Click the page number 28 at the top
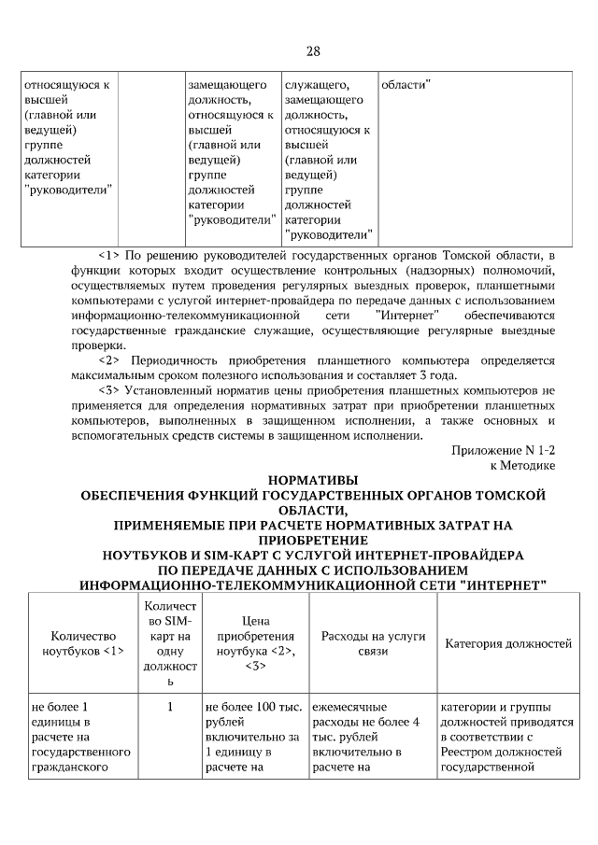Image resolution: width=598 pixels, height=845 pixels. coord(313,50)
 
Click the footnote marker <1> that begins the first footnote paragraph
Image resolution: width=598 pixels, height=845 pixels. coord(109,255)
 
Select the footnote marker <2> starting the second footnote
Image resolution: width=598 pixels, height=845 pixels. coord(109,359)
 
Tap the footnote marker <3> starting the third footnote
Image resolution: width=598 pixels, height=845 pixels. coord(109,389)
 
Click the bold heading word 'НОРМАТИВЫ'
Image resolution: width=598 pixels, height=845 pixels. coord(313,480)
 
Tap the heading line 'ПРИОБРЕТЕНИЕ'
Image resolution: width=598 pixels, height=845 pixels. coord(313,540)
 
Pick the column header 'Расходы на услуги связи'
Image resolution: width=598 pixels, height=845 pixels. coord(373,643)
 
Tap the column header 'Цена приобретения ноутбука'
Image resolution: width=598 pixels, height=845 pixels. coord(255,642)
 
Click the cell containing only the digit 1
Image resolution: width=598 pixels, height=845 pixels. coord(170,707)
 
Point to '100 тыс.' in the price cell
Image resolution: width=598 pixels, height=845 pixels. coord(276,707)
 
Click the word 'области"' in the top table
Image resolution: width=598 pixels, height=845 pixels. coord(406,85)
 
